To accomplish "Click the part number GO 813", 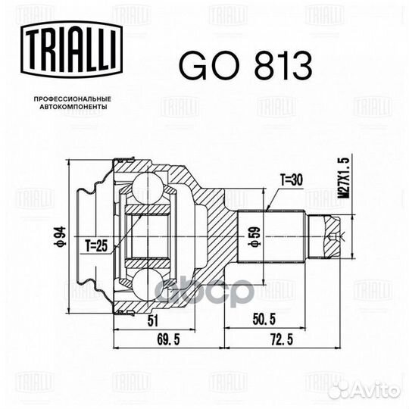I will pos(245,67).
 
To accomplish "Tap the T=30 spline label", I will pos(292,180).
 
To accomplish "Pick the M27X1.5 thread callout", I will pos(345,178).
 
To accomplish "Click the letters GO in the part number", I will pos(205,67).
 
